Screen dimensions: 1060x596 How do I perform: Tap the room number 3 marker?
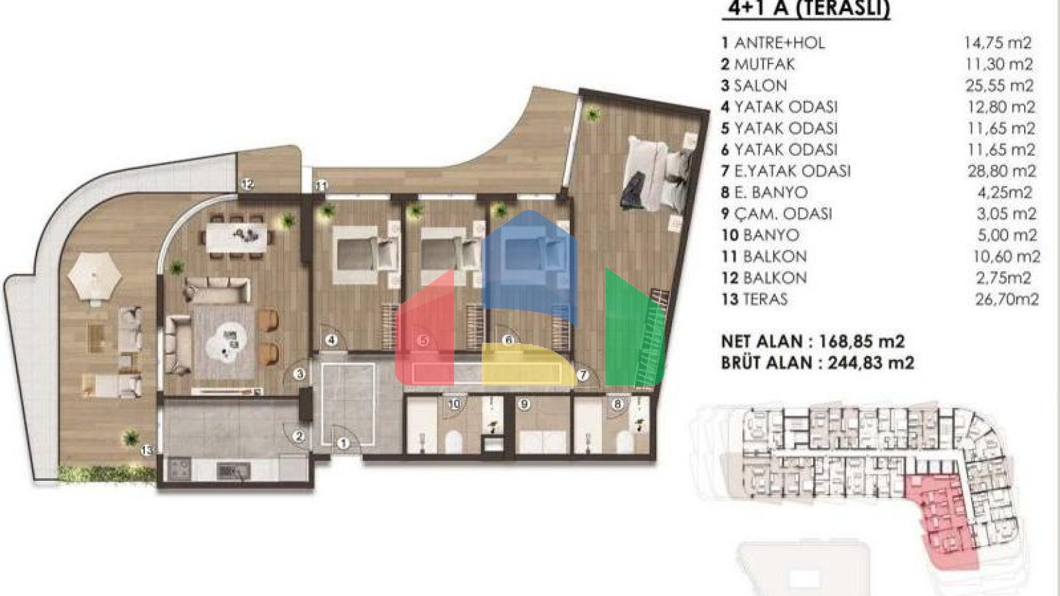coord(300,374)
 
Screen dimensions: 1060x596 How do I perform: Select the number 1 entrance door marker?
coord(344,444)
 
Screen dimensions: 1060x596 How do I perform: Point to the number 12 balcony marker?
coord(248,184)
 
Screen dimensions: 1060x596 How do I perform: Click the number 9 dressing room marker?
coord(524,404)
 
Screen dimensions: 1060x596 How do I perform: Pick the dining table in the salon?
coord(237,238)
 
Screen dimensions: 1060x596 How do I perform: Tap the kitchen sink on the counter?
coord(233,470)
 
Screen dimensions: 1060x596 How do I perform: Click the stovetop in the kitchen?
coord(179,469)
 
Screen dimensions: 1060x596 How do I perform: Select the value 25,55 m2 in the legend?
coord(1000,86)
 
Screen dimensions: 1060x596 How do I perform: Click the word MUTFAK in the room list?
coord(764,64)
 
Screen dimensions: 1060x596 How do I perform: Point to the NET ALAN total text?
coord(813,341)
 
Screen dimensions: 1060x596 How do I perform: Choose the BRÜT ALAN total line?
coord(818,363)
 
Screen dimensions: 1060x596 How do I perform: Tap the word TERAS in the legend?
coord(765,299)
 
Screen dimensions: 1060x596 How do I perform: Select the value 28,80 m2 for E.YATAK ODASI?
coord(1002,171)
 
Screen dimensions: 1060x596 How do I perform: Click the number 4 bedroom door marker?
coord(332,339)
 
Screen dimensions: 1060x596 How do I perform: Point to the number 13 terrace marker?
coord(147,450)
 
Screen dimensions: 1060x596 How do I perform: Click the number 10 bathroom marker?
coord(454,404)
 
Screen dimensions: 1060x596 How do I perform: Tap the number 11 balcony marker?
coord(322,186)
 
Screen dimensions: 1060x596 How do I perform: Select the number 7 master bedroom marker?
coord(583,375)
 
